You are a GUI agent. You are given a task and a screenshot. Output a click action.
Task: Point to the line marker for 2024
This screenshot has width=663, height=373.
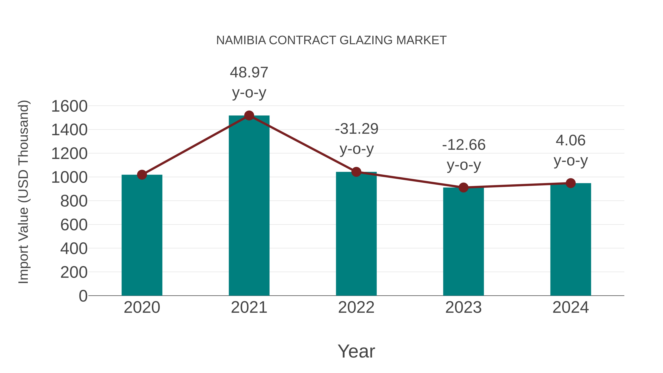click(x=571, y=183)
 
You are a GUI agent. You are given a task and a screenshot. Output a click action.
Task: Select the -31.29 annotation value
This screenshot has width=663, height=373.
click(x=357, y=129)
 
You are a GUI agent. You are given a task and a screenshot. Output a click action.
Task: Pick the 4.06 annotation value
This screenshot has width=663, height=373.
click(x=571, y=141)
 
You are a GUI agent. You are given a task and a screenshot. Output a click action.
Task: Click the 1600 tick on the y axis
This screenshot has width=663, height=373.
click(x=69, y=106)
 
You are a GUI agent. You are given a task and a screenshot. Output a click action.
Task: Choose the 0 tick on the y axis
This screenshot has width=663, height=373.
click(x=83, y=296)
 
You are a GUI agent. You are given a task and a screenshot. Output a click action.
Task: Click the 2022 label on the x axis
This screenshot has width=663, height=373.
click(x=356, y=307)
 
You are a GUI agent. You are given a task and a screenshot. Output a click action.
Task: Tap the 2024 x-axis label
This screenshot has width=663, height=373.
click(x=571, y=307)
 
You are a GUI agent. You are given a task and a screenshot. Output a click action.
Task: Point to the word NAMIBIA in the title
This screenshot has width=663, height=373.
click(x=241, y=40)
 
